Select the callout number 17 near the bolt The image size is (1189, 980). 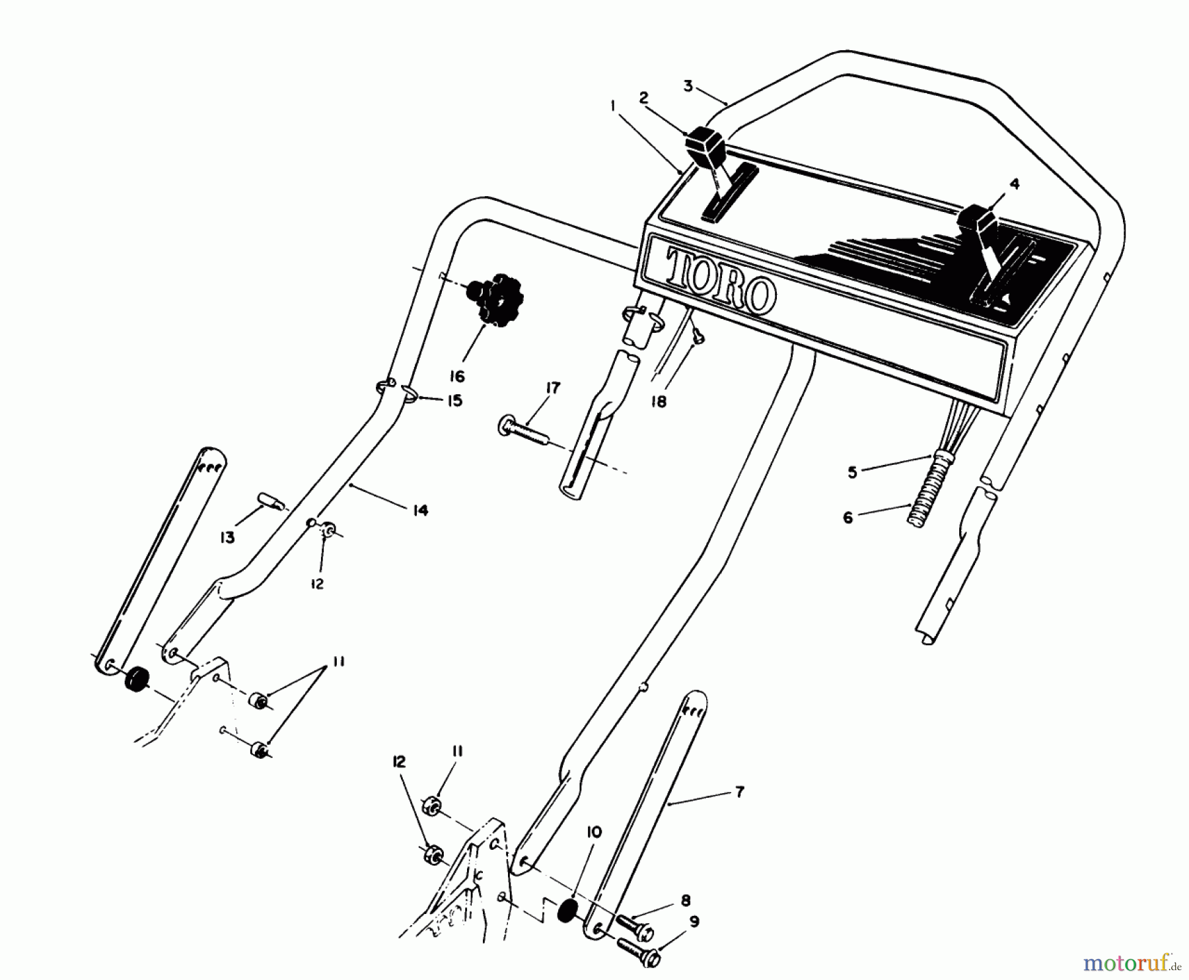pyautogui.click(x=552, y=389)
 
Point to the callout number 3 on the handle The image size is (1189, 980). pyautogui.click(x=688, y=87)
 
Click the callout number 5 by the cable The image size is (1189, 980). pyautogui.click(x=852, y=473)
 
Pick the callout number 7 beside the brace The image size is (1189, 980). pyautogui.click(x=740, y=791)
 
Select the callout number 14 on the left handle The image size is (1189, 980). pyautogui.click(x=421, y=510)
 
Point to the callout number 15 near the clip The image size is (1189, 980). pyautogui.click(x=454, y=401)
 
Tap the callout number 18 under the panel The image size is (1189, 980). pyautogui.click(x=659, y=401)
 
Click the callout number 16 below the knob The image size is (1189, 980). pyautogui.click(x=457, y=377)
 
